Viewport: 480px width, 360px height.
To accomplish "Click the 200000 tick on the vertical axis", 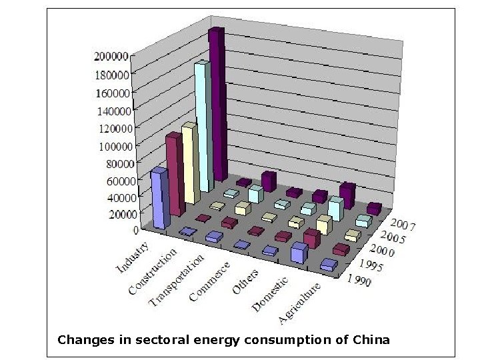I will [x=111, y=56].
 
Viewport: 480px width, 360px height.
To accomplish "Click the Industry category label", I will [x=133, y=259].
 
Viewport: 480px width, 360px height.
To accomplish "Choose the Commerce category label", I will [x=209, y=280].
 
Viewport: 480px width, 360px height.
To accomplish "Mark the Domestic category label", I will [x=270, y=294].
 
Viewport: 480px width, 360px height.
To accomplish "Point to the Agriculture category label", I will [x=299, y=303].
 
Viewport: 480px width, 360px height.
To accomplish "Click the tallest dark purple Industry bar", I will [x=217, y=103].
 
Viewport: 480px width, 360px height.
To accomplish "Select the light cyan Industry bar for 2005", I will [x=203, y=120].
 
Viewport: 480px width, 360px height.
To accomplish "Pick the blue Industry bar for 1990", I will [x=159, y=197].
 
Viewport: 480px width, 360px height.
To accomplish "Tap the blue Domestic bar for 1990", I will [x=299, y=253].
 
